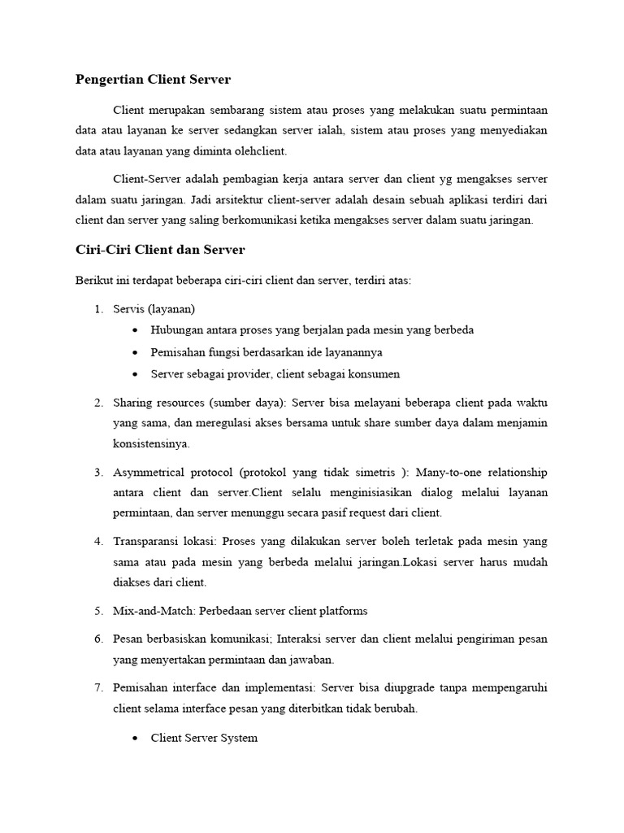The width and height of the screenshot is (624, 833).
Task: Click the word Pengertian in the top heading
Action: click(x=107, y=79)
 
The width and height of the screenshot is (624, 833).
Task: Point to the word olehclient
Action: click(x=259, y=151)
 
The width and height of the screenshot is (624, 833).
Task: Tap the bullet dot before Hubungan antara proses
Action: click(x=134, y=330)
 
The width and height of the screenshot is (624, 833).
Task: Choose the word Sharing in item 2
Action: click(x=132, y=402)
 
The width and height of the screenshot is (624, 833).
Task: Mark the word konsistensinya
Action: click(x=151, y=444)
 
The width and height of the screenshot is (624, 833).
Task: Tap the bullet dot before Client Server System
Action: click(x=134, y=738)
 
